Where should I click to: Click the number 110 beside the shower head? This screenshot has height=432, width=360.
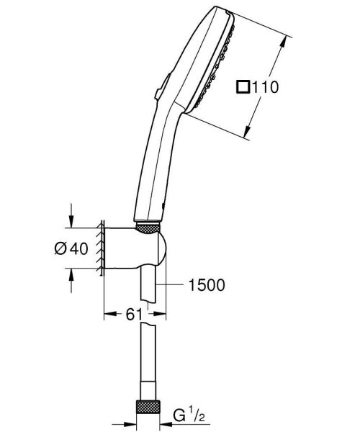[x=264, y=86]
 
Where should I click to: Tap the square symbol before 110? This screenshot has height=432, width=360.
[x=243, y=86]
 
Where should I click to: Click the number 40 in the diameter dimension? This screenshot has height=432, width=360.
[x=80, y=248]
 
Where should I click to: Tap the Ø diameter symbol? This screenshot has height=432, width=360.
[x=61, y=248]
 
